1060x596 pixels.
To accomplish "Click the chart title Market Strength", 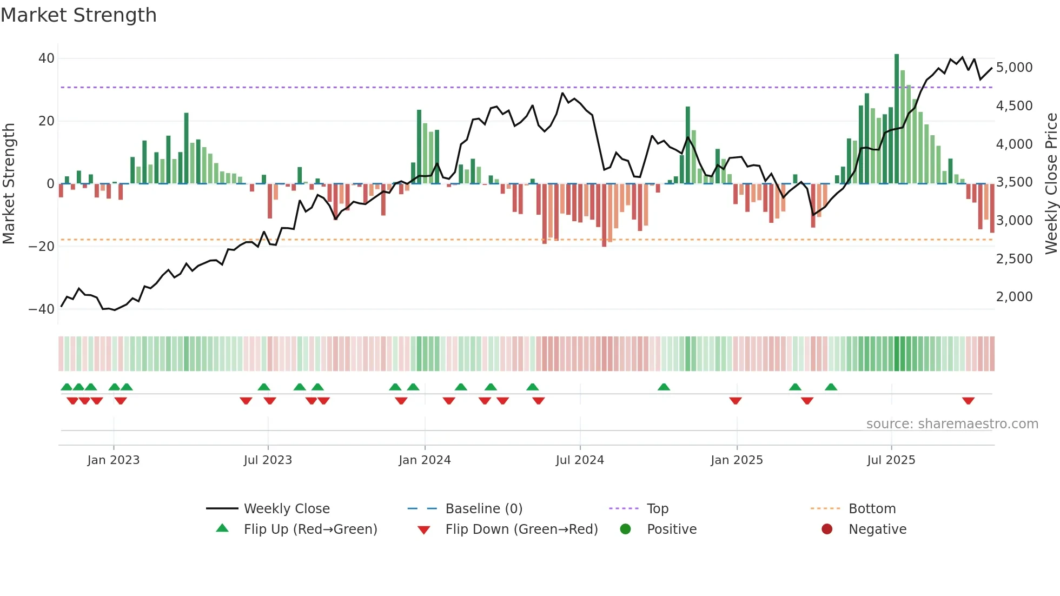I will click(78, 15).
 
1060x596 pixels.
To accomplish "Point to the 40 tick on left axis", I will click(47, 58).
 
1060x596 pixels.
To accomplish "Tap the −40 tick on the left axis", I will click(42, 309).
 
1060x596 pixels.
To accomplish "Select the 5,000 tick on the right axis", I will click(1014, 68).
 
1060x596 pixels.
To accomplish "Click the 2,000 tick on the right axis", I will click(1014, 297).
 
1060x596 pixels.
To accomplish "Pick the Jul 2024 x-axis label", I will click(580, 460).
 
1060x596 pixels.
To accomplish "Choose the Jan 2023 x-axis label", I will click(114, 460).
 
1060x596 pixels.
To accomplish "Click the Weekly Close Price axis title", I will click(1051, 184).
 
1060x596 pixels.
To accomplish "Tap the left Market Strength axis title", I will click(9, 184).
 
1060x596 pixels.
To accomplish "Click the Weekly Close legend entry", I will click(287, 509).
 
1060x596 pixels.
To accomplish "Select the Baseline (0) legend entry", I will click(483, 509).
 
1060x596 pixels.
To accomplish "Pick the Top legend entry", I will click(658, 509).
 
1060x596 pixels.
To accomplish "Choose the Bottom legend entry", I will click(872, 509).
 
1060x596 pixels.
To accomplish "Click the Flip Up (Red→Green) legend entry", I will click(310, 529).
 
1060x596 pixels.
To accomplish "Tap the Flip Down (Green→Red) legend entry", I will click(521, 529).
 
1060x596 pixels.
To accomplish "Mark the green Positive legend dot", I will click(626, 529).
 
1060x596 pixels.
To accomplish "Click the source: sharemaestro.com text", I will click(952, 424).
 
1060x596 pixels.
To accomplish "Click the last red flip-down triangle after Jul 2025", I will click(968, 401).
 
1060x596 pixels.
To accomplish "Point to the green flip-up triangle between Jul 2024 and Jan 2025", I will click(664, 387).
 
